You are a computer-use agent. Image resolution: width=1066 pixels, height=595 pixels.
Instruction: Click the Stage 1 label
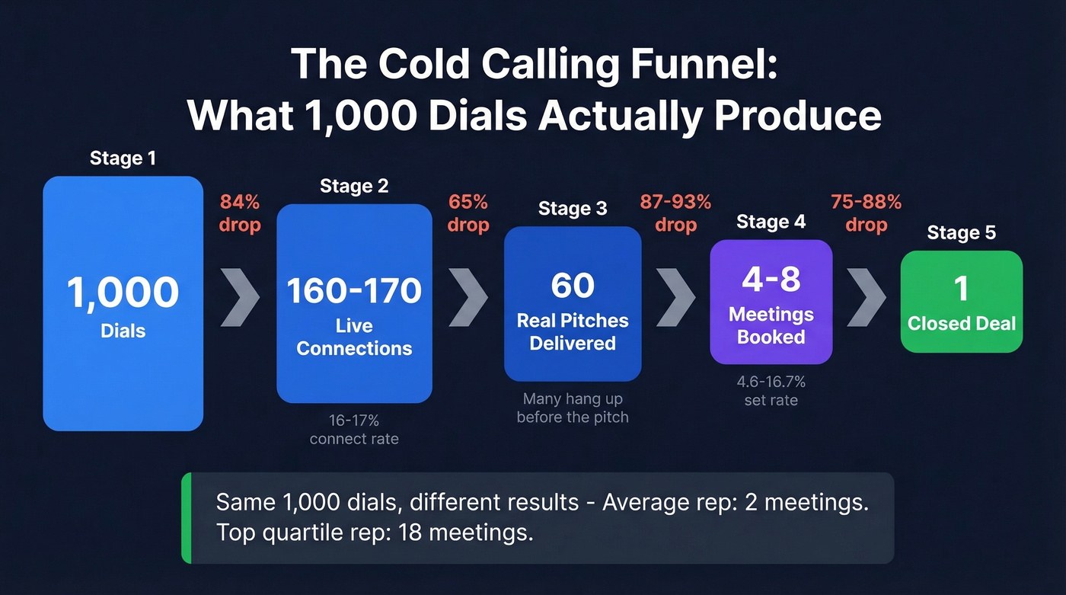(x=123, y=158)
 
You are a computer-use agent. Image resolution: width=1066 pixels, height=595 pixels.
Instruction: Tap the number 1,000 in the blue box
(x=123, y=292)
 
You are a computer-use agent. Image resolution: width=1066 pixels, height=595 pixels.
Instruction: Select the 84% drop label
(x=240, y=213)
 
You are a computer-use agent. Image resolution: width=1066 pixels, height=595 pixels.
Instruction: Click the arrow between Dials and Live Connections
(x=240, y=297)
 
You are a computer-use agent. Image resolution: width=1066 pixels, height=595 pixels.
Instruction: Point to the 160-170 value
(x=354, y=291)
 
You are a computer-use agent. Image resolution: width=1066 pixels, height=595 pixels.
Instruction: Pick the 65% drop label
(x=468, y=213)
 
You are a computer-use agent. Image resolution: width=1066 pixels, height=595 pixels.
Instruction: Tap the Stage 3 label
(x=573, y=209)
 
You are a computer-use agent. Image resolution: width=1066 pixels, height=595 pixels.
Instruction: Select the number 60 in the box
(x=573, y=285)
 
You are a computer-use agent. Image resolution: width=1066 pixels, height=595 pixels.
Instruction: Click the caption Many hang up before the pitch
(x=573, y=408)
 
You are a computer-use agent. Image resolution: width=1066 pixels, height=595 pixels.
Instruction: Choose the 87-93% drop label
(x=675, y=213)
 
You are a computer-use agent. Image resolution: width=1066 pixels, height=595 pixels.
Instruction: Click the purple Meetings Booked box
(x=771, y=302)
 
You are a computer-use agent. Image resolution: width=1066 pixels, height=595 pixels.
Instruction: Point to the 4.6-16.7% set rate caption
(x=771, y=391)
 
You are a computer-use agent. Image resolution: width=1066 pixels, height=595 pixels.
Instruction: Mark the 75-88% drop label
(x=866, y=213)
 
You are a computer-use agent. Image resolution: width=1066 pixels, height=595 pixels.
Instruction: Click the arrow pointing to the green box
(x=866, y=297)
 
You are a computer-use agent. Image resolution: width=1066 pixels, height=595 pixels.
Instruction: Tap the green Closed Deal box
(x=961, y=302)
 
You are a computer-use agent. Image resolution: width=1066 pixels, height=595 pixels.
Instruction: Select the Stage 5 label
(x=961, y=232)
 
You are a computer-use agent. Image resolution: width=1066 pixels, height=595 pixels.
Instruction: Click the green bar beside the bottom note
(x=186, y=518)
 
